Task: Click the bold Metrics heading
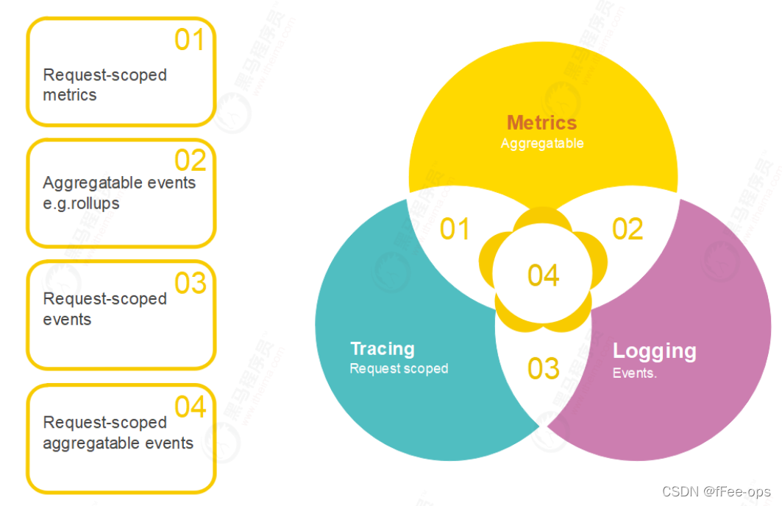tap(542, 122)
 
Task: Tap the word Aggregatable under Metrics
tap(542, 144)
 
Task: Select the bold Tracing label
tap(383, 348)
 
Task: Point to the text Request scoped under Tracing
tap(399, 368)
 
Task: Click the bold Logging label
tap(654, 351)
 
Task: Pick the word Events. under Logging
tap(634, 373)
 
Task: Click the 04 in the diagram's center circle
tap(544, 275)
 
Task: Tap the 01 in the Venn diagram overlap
tap(455, 230)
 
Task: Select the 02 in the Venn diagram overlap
tap(628, 229)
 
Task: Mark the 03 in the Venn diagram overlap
tap(544, 368)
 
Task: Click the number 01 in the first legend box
tap(189, 40)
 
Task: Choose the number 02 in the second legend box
tap(190, 160)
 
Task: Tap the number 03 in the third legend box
tap(190, 283)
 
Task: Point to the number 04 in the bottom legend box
tap(190, 407)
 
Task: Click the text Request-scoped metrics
tap(104, 85)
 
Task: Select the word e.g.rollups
tap(81, 203)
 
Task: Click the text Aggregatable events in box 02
tap(119, 183)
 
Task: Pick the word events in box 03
tap(67, 320)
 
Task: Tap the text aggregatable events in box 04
tap(118, 443)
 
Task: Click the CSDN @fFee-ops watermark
tap(717, 491)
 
